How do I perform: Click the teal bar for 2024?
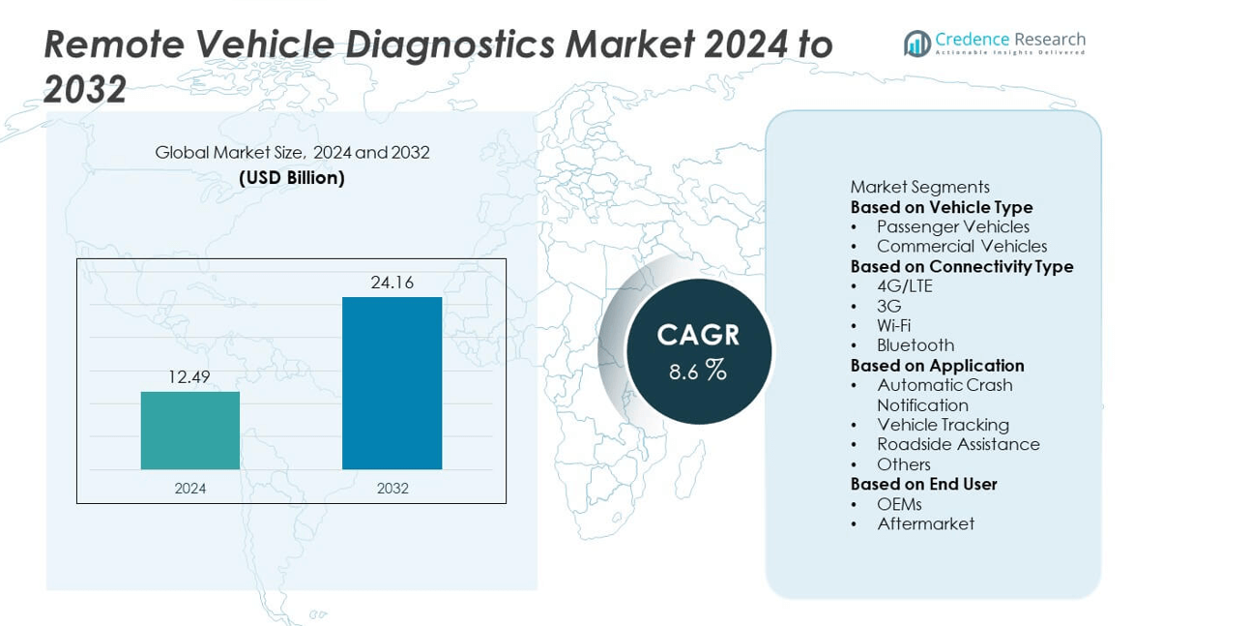pos(190,431)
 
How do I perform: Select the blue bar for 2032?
pos(392,383)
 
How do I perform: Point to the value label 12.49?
pos(189,377)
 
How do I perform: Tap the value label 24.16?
pos(392,283)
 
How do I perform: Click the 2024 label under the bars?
pos(190,489)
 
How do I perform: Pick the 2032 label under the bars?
pos(392,489)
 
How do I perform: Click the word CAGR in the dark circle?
pos(698,335)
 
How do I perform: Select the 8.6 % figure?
pos(698,370)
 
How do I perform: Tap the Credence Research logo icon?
pos(916,43)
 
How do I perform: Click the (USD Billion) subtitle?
pos(292,178)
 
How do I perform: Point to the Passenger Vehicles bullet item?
pos(952,226)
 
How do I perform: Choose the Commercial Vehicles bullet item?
pos(961,247)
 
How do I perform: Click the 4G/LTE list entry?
pos(904,286)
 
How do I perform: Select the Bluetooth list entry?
pos(915,345)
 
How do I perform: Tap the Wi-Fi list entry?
pos(893,326)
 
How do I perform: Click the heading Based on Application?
pos(937,366)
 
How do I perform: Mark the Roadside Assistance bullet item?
pos(958,444)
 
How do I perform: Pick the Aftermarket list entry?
pos(925,523)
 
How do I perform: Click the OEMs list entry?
pos(899,504)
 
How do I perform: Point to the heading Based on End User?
pos(923,484)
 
